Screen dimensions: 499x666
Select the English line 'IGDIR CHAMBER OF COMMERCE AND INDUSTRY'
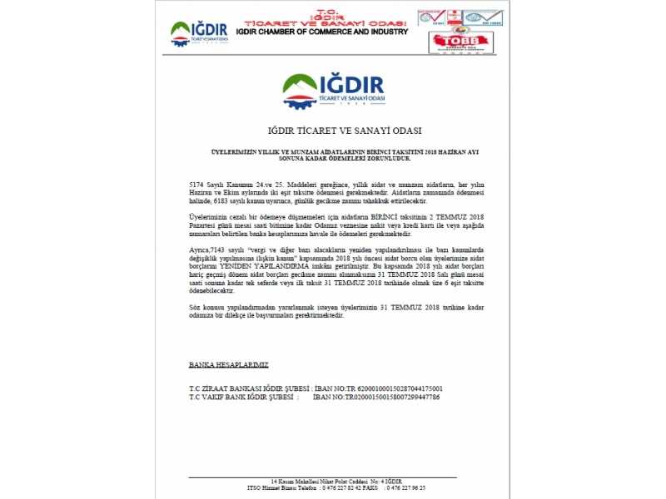(x=322, y=32)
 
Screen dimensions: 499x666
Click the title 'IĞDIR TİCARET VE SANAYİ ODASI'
(x=333, y=131)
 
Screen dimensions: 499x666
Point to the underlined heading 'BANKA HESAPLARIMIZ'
(x=228, y=365)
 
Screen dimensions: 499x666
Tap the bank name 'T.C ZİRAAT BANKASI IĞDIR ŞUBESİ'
(x=249, y=388)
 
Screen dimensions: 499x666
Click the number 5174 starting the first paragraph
(x=196, y=181)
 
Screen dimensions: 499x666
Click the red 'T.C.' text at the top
(x=321, y=4)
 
